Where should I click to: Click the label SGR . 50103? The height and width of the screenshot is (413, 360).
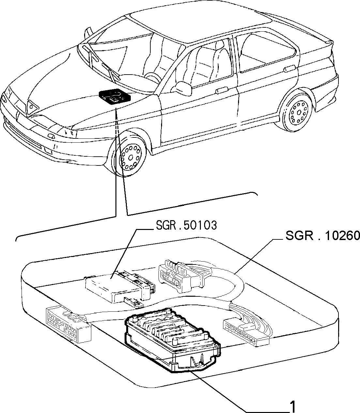(186, 225)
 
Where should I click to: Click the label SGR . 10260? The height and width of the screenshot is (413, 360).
(323, 235)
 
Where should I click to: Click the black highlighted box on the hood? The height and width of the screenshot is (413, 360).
(114, 96)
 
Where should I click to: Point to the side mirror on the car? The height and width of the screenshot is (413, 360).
(182, 88)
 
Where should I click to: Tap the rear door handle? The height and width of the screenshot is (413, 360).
(290, 68)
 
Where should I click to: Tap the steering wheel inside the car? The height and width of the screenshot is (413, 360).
(152, 78)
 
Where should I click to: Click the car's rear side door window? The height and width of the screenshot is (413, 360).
(267, 52)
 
